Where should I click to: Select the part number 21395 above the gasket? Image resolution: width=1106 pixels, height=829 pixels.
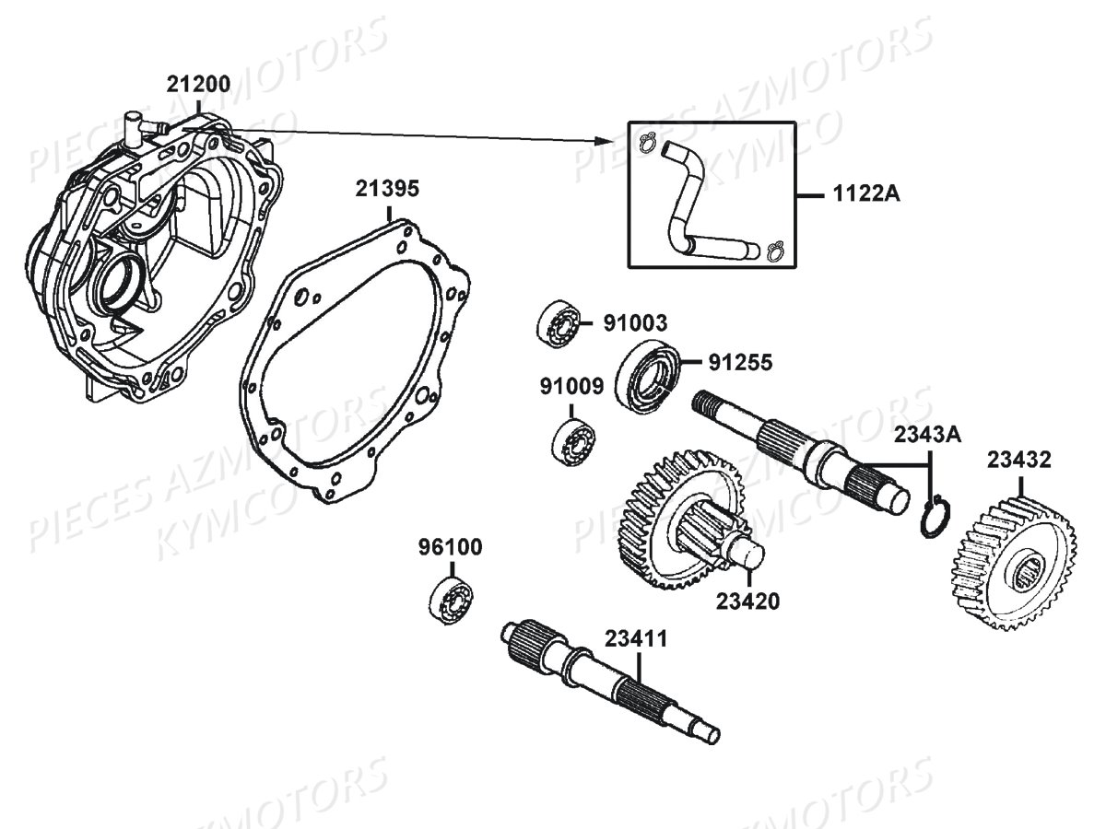(x=388, y=190)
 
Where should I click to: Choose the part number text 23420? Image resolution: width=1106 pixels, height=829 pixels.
(x=747, y=601)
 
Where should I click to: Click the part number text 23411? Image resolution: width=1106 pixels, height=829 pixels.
(x=637, y=638)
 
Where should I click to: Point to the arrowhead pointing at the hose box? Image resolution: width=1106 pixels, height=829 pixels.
(x=606, y=141)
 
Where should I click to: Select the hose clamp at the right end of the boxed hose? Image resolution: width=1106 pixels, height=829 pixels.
(x=774, y=249)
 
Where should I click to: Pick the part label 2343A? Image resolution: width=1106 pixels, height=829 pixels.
(x=925, y=434)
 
